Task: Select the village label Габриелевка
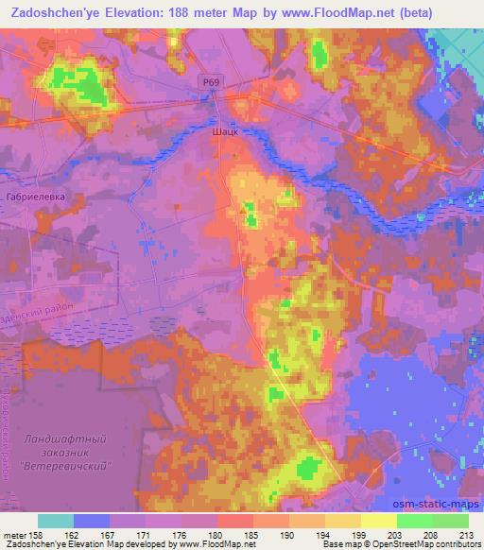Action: [35, 198]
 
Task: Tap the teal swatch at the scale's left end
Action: [56, 520]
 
